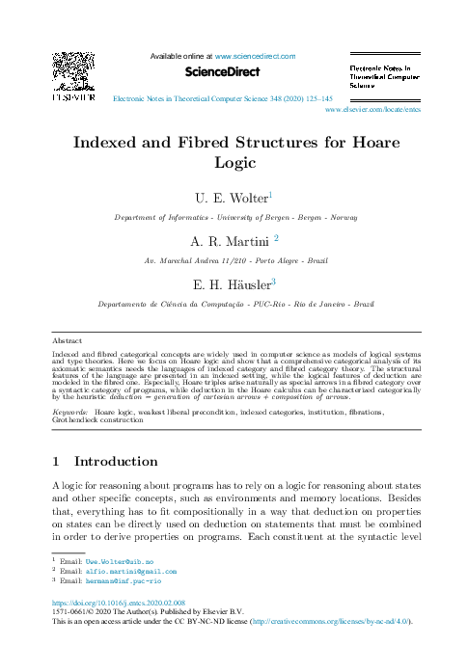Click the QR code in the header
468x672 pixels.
72,70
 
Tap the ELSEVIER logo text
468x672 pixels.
72,97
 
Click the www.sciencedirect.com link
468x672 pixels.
255,56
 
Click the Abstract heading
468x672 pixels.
67,340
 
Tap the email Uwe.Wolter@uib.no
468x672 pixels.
120,587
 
